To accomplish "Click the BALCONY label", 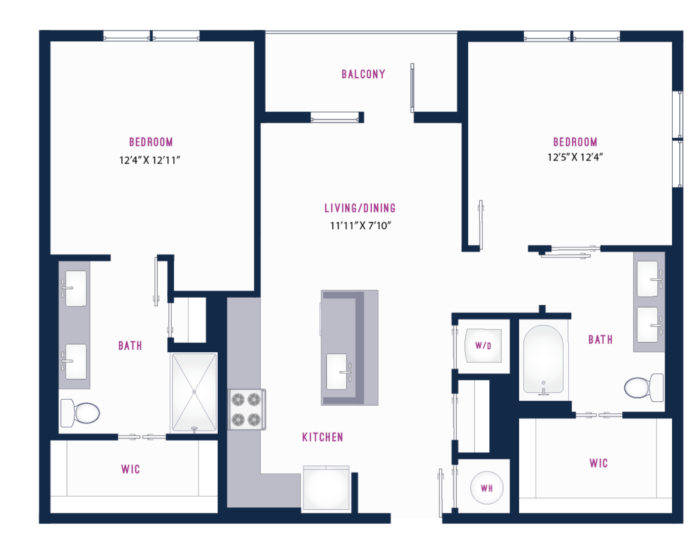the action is tap(363, 74).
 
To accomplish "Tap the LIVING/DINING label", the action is tap(360, 208).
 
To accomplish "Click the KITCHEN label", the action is tap(323, 438).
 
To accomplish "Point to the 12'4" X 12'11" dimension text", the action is tap(150, 160).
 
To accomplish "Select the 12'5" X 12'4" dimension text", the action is tap(575, 157).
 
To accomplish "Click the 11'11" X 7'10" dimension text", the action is tap(361, 226).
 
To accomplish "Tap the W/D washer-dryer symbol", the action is tap(483, 346).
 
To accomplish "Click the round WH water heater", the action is tap(487, 488).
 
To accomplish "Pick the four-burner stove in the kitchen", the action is tap(246, 409).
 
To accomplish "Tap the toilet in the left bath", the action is tap(80, 413).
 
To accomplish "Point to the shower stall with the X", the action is tap(194, 392).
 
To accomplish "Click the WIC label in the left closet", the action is tap(131, 469).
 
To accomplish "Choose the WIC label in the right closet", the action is tap(599, 463).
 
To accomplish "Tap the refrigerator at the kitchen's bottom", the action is tap(326, 488).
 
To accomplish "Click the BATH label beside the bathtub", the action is tap(601, 340).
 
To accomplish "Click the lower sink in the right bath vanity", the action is tap(649, 325).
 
